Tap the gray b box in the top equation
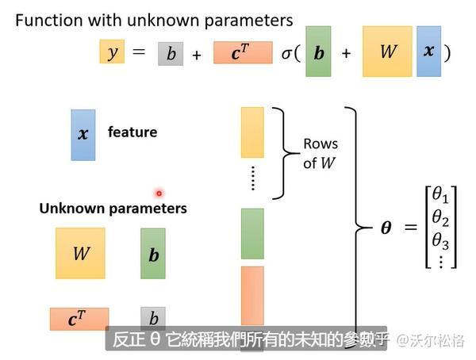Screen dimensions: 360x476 (171, 53)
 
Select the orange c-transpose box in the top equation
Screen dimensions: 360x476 (243, 53)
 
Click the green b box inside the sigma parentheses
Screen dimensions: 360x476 (318, 52)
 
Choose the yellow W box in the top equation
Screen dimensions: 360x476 (387, 52)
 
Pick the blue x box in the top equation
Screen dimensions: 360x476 (428, 52)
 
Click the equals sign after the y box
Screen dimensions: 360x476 (139, 53)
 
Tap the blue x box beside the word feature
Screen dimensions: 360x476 (83, 135)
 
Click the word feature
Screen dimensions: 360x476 (132, 132)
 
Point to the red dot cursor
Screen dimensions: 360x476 (159, 193)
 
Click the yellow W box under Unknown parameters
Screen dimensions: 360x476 (80, 254)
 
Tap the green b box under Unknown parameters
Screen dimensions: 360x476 (153, 254)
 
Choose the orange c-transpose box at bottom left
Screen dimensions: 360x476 (79, 319)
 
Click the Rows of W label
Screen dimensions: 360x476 (321, 153)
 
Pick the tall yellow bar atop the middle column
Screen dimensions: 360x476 (252, 132)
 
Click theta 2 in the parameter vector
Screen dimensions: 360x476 (440, 219)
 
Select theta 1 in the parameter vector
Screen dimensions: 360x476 (440, 195)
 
